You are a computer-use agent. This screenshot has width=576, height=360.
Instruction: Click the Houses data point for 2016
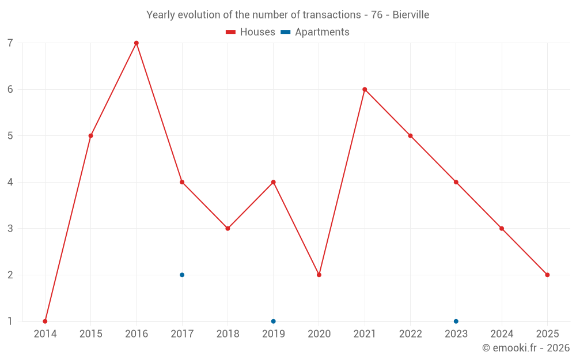tap(137, 43)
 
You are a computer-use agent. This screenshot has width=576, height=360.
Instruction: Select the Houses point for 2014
tap(45, 321)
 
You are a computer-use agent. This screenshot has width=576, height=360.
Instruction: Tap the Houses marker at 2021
tap(365, 89)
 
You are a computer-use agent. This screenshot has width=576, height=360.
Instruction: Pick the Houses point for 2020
tap(319, 275)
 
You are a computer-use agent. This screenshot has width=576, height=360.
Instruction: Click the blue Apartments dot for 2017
tap(182, 275)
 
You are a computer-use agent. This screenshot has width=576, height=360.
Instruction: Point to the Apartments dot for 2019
tap(274, 321)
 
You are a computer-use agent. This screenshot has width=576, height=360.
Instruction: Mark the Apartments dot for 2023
tap(456, 321)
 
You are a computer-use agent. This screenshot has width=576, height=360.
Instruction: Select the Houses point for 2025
tap(547, 275)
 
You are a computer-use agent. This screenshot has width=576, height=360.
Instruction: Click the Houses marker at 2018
tap(228, 229)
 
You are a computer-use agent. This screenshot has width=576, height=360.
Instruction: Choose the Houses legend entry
tap(251, 32)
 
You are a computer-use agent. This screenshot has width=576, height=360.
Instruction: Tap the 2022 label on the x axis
tap(410, 334)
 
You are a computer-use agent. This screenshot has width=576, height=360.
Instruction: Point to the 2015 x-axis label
tap(90, 334)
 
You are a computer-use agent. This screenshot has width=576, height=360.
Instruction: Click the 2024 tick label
tap(502, 334)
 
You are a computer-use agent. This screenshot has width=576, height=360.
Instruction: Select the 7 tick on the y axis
tap(10, 43)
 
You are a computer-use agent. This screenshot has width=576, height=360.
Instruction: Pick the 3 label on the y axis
tap(10, 229)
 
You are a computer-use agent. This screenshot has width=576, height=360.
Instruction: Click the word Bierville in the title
tap(411, 15)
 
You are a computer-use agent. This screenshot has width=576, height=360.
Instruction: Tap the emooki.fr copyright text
tap(526, 348)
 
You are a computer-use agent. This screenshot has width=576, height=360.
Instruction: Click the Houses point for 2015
tap(90, 136)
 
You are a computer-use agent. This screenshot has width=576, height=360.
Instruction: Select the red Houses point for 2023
tap(456, 182)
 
